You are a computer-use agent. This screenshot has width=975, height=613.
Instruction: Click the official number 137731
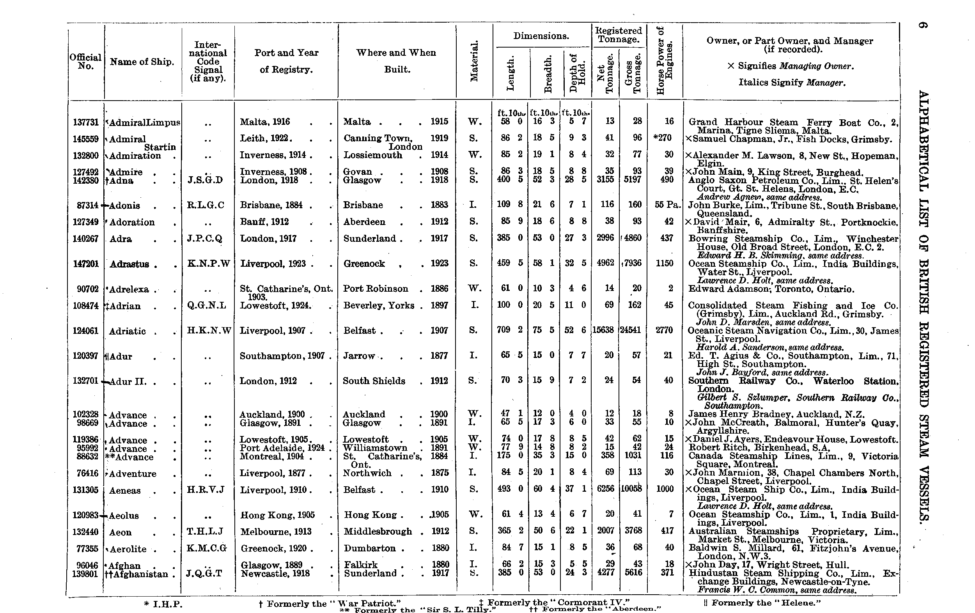[x=85, y=122]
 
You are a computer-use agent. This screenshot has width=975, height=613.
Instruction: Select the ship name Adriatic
[x=127, y=331]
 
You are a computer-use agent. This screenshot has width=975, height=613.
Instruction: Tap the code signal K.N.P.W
[x=209, y=264]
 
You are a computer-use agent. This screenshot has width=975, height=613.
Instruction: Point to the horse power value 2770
[x=664, y=330]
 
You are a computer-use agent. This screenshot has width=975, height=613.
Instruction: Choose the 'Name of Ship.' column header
[x=142, y=62]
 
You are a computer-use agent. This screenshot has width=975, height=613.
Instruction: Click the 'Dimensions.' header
[x=541, y=36]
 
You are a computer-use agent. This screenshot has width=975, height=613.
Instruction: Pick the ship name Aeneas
[x=125, y=491]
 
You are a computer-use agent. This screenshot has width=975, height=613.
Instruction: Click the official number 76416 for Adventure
[x=85, y=473]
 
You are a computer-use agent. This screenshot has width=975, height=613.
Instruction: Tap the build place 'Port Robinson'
[x=375, y=289]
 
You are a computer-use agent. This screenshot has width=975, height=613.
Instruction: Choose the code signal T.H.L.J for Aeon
[x=205, y=532]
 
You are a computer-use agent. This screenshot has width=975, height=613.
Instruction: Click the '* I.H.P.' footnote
[x=163, y=604]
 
